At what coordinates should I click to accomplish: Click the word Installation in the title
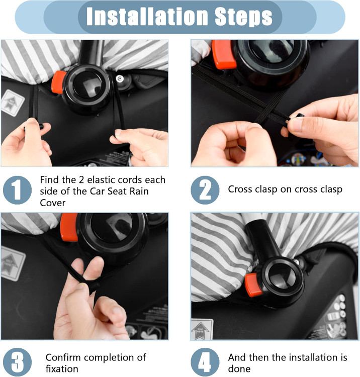pos(147,17)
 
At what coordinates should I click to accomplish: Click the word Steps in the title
pos(243,17)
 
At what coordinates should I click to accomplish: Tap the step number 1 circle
pos(17,190)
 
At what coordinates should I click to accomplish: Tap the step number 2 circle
pos(205,190)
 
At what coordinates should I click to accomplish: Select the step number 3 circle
pos(17,362)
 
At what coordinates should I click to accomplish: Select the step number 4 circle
pos(205,362)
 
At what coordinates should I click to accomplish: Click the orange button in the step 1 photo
pos(58,82)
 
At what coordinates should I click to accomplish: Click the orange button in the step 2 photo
pos(224,54)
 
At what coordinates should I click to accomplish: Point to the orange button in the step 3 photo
pos(69,227)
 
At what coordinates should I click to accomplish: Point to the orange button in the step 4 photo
pos(253,285)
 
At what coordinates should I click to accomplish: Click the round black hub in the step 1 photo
pos(87,88)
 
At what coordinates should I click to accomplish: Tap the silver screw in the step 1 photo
pos(120,78)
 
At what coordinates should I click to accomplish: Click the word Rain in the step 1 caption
pos(139,191)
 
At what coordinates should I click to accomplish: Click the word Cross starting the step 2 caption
pos(240,189)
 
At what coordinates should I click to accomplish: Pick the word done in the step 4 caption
pos(239,368)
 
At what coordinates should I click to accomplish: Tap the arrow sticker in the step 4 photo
pos(202,329)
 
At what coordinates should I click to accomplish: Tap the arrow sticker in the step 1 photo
pos(13,103)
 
